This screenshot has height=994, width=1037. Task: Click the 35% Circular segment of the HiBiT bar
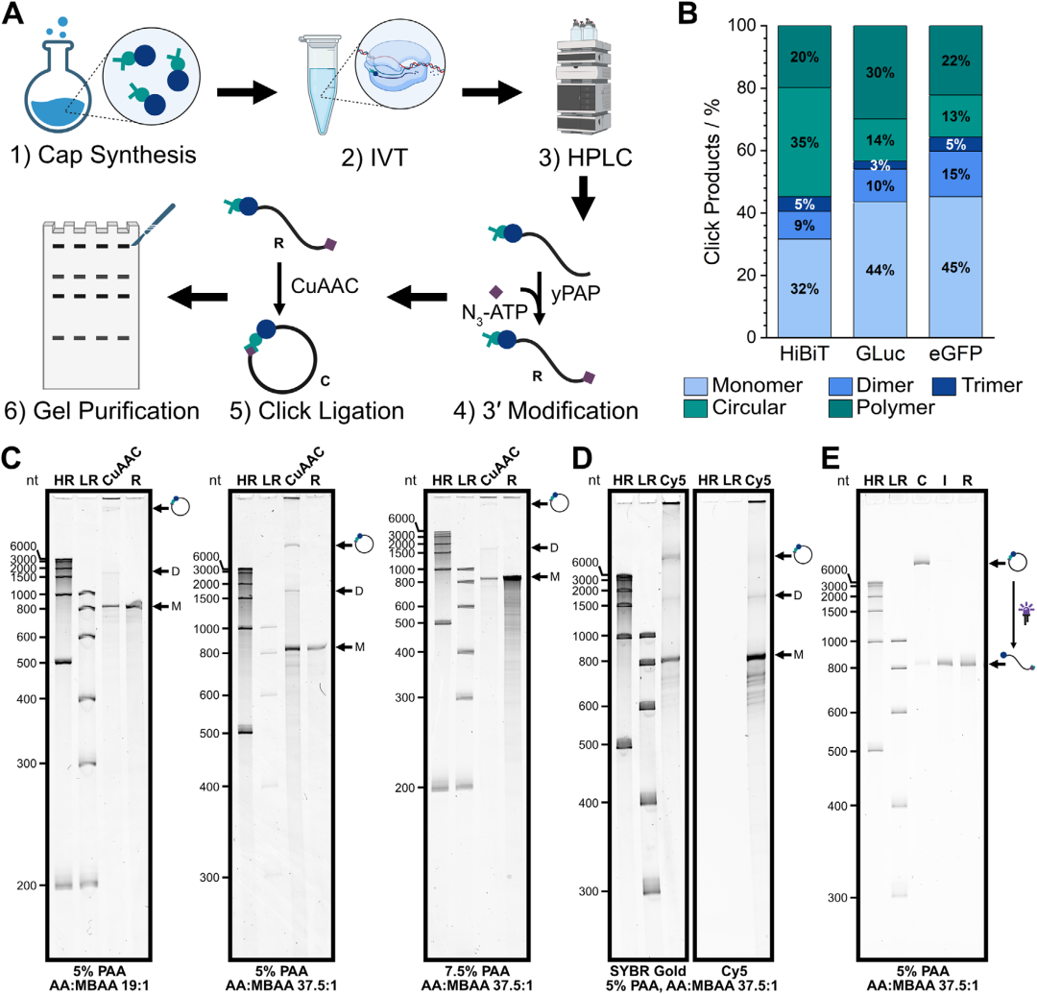coord(805,142)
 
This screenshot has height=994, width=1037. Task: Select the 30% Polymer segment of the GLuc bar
coord(880,72)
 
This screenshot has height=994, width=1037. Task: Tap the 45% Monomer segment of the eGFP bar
coord(955,267)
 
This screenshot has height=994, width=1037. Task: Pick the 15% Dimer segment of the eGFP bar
coord(955,175)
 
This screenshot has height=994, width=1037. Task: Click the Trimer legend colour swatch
coord(945,385)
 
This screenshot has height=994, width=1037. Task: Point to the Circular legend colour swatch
coord(695,408)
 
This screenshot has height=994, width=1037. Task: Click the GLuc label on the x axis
coord(880,353)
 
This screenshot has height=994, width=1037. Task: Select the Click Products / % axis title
coord(712,182)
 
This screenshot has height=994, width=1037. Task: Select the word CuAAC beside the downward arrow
coord(325,285)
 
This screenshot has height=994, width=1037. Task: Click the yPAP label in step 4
coord(575,292)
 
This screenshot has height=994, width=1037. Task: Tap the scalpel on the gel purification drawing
coord(154,224)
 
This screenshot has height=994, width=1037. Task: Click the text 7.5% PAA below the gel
coord(477,971)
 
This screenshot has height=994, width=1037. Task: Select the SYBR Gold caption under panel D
coord(647,971)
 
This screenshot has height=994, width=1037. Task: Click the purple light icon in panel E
coord(1025,613)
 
